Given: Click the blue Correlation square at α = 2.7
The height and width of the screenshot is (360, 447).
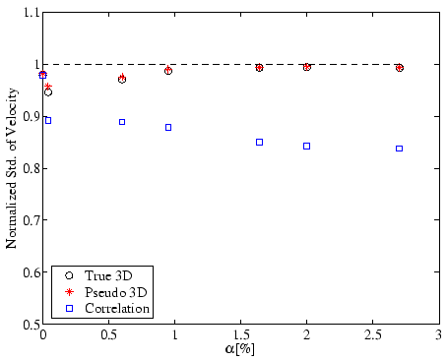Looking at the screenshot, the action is coord(399,149).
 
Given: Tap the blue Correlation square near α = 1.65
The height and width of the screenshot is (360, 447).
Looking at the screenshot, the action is coord(260,142).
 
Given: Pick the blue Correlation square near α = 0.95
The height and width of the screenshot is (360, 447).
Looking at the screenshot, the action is coord(168,127).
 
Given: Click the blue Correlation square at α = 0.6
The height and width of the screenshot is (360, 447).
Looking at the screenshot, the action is coord(122,122).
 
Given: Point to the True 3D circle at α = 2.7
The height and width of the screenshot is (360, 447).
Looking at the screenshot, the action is coord(399,68).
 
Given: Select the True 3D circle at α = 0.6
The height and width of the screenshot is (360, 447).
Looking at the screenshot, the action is coord(122,79).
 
